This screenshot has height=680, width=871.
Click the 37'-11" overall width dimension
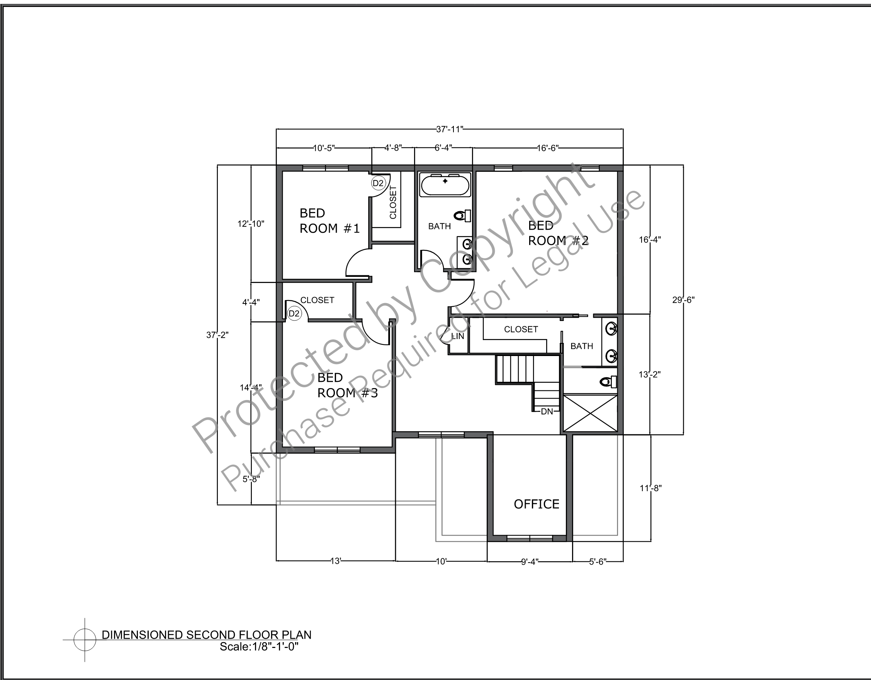[450, 129]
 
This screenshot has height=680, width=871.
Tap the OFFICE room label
[537, 504]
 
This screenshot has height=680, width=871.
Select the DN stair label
[547, 411]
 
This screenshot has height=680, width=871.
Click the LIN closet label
[457, 336]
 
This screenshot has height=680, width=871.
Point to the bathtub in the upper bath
[445, 184]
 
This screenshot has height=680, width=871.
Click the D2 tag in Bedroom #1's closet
[378, 183]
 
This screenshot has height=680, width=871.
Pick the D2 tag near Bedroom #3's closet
[294, 314]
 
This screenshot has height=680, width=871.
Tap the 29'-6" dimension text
[683, 300]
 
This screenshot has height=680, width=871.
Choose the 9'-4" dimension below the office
[530, 561]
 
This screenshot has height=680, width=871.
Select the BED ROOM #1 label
[329, 221]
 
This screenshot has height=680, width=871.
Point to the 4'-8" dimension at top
[393, 148]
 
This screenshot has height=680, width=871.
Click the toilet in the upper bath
[464, 215]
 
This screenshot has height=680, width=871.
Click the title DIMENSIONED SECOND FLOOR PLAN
[207, 635]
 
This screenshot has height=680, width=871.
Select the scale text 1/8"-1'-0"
[275, 646]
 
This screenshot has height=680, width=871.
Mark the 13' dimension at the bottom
[335, 561]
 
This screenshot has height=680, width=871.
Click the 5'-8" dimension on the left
[251, 479]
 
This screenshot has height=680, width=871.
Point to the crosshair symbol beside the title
[85, 640]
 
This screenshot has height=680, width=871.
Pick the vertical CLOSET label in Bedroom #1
[393, 202]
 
